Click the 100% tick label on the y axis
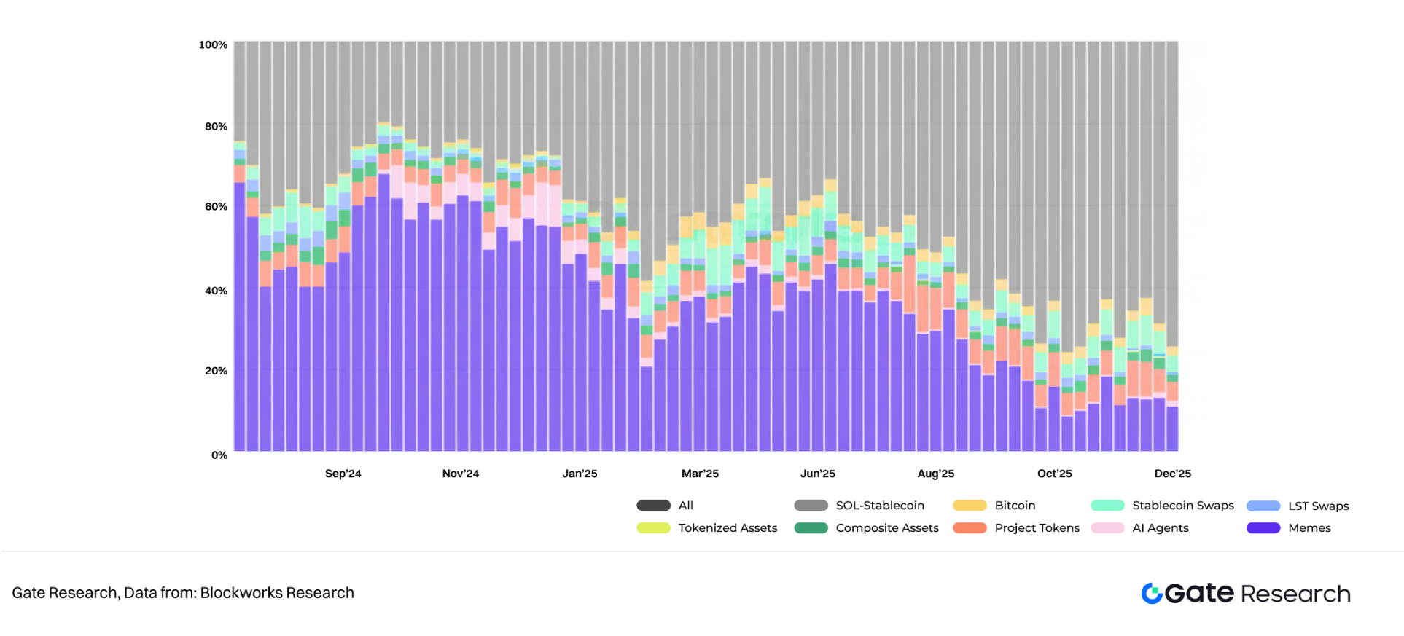(x=213, y=45)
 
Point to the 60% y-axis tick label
(x=216, y=207)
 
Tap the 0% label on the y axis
(x=219, y=455)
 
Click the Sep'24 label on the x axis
(x=343, y=474)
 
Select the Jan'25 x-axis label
(x=580, y=474)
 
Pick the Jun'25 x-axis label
(x=817, y=474)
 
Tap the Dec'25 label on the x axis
(x=1172, y=474)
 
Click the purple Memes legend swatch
(x=1263, y=528)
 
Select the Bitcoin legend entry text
(x=1015, y=506)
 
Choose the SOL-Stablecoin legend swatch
(x=811, y=506)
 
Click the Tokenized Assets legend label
(x=728, y=528)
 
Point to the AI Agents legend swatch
(x=1107, y=528)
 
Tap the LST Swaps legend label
(x=1318, y=506)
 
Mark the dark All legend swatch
(x=653, y=506)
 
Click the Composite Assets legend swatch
(x=811, y=528)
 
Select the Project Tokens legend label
(x=1037, y=528)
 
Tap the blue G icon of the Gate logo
(x=1152, y=594)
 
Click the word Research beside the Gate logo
(x=1295, y=594)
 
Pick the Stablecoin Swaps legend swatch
(x=1107, y=506)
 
